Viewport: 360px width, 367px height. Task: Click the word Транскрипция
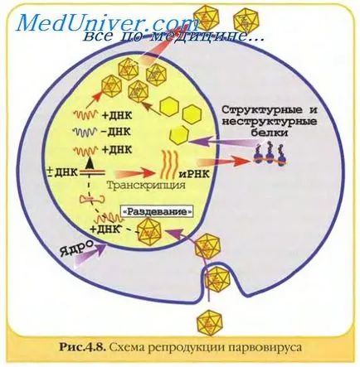(x=146, y=185)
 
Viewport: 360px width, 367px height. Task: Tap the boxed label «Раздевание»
(x=158, y=212)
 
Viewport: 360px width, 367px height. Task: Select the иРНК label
(x=194, y=174)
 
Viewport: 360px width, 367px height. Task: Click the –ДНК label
(x=115, y=132)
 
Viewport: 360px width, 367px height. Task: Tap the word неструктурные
(x=270, y=122)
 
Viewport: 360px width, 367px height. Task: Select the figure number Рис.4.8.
(x=82, y=347)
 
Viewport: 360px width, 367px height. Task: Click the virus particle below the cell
(x=210, y=321)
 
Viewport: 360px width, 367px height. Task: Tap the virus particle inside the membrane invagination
(x=218, y=279)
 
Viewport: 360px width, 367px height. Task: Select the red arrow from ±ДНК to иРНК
(x=135, y=174)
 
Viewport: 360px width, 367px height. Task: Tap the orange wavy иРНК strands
(x=168, y=164)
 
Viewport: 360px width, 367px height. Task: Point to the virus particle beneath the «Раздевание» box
(x=150, y=230)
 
